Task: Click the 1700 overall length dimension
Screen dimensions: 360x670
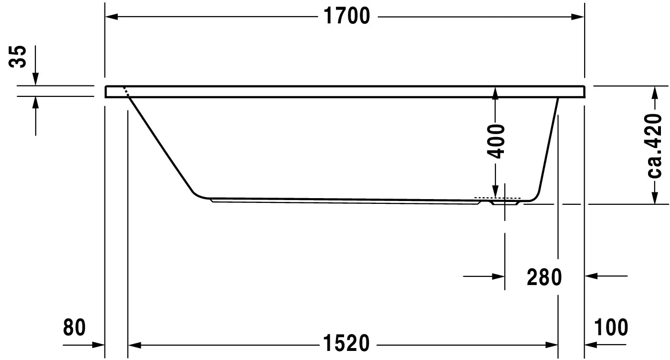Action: pyautogui.click(x=346, y=17)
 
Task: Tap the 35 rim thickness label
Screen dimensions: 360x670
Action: pyautogui.click(x=20, y=57)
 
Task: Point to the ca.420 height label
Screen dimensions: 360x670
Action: pyautogui.click(x=655, y=145)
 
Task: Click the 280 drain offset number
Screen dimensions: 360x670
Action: pyautogui.click(x=544, y=277)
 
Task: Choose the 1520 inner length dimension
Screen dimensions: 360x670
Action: pyautogui.click(x=346, y=343)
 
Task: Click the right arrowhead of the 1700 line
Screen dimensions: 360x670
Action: pyautogui.click(x=578, y=17)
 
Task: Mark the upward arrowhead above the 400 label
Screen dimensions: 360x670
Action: pyautogui.click(x=496, y=93)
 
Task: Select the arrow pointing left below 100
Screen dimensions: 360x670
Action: pyautogui.click(x=591, y=344)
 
